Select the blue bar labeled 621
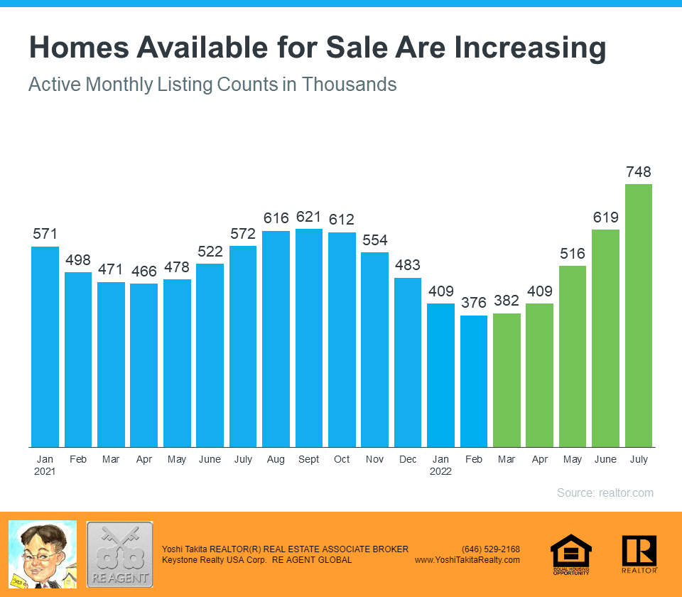pos(309,338)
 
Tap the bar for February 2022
pos(474,381)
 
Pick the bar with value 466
pos(144,365)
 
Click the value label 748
pos(638,172)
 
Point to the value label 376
pos(474,303)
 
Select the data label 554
pos(374,240)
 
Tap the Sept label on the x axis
pos(309,459)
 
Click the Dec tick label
pos(408,459)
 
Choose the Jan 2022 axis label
pos(440,465)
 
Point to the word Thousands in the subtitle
pos(349,84)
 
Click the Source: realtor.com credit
pos(605,493)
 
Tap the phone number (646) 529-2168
pos(490,549)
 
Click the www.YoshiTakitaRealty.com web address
pos(467,560)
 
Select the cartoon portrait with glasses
pos(42,554)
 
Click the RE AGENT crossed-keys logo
pos(119,554)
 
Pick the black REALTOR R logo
pos(639,553)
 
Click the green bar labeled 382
pos(507,380)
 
